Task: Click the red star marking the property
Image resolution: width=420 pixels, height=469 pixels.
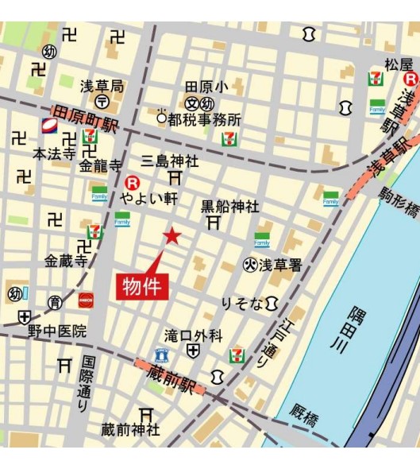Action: click(x=172, y=235)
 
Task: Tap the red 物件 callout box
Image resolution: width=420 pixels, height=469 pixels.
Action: click(x=144, y=286)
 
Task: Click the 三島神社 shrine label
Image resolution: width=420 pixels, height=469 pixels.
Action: click(x=170, y=161)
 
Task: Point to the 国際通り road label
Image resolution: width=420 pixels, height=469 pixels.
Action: click(x=84, y=384)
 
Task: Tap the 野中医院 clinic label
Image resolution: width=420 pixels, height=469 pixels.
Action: click(x=58, y=331)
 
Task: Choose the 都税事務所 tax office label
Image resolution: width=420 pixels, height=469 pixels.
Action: click(x=204, y=119)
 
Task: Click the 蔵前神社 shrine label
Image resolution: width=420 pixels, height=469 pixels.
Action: click(x=130, y=430)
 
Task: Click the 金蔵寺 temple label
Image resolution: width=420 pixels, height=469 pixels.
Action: click(x=64, y=260)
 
